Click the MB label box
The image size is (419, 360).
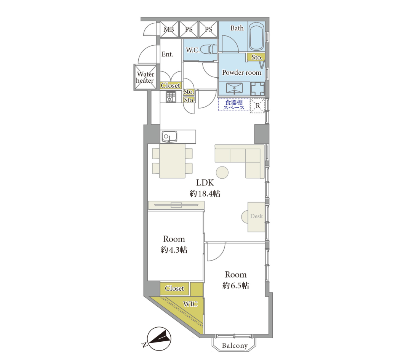169,29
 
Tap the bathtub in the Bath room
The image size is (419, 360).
256,37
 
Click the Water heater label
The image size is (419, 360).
145,77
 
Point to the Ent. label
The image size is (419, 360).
167,54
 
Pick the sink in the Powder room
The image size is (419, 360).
234,88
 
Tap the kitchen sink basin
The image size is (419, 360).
169,136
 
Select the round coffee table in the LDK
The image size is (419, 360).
222,173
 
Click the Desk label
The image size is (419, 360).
256,216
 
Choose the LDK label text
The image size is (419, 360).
205,183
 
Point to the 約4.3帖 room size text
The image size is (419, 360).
174,250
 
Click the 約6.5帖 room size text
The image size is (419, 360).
236,285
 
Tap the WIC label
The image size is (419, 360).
190,304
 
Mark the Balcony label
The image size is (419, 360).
235,346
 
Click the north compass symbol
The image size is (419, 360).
159,339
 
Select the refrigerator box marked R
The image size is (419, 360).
257,106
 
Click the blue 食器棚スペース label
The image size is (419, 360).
234,105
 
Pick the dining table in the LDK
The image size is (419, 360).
172,161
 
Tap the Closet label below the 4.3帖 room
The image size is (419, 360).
174,288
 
